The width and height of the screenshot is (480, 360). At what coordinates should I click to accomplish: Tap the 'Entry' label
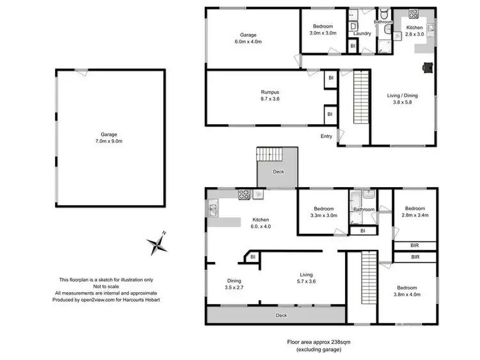327,136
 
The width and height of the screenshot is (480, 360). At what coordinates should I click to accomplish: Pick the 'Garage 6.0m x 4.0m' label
248,38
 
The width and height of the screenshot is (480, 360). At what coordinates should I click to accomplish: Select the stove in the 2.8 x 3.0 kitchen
413,14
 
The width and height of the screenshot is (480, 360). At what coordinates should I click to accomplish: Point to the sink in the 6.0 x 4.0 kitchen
212,208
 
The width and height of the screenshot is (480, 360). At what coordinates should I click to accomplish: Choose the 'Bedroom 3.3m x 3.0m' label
323,212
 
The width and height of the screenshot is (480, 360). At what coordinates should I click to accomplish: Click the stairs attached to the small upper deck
269,154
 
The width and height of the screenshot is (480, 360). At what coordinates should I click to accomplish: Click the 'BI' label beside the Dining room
253,258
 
